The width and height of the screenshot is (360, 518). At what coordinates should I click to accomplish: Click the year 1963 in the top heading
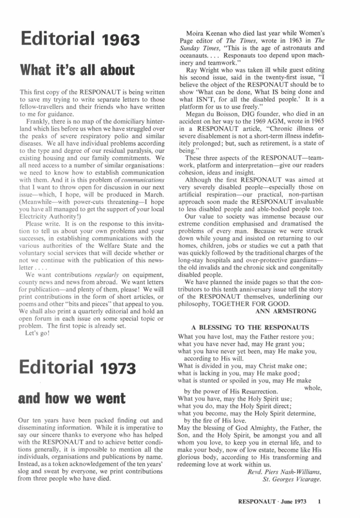click(121, 40)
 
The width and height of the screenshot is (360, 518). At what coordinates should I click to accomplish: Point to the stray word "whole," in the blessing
click(313, 387)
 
